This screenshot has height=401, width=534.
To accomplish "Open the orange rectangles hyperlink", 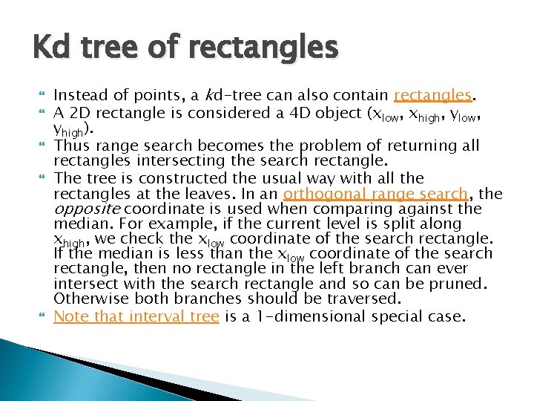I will click(433, 95).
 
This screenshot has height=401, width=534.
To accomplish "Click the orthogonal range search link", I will click(375, 194).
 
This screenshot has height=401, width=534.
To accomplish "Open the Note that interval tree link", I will click(136, 316).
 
